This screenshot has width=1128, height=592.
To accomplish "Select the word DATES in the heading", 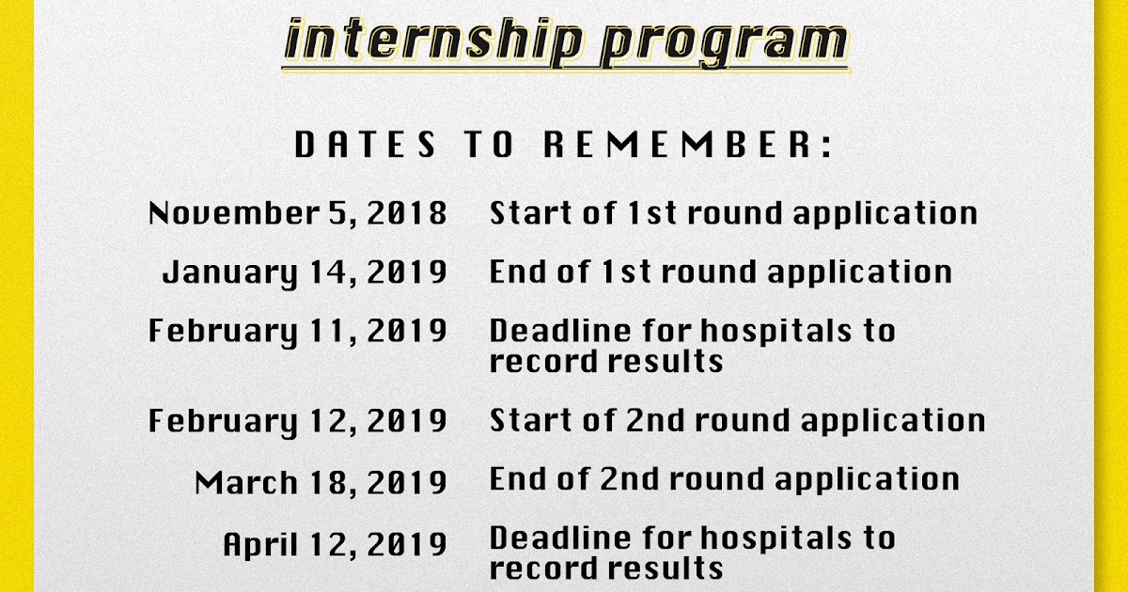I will [366, 146].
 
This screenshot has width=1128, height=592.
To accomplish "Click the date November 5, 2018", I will [298, 213].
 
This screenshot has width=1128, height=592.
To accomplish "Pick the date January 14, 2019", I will [305, 273].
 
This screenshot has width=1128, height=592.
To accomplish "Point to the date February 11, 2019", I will [298, 331].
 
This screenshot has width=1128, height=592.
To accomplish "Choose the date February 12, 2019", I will [298, 420].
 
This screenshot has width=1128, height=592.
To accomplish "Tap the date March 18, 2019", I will [321, 482].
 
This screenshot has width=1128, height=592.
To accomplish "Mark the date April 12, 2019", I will [335, 544].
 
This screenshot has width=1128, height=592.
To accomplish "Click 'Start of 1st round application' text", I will [733, 213].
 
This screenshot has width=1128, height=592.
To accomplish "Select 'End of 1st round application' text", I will [720, 273].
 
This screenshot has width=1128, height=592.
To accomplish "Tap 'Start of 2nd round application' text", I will [737, 420].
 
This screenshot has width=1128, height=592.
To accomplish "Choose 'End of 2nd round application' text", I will [724, 479].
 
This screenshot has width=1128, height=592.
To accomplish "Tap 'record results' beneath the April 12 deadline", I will [606, 569].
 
